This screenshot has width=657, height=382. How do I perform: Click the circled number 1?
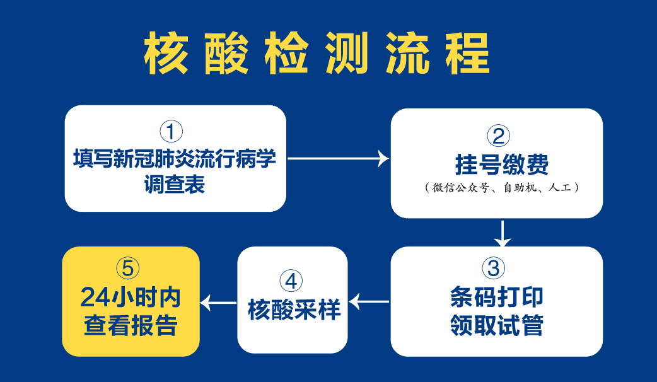pyautogui.click(x=172, y=131)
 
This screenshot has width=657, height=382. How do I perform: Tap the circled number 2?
pyautogui.click(x=499, y=136)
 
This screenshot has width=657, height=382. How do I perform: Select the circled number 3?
pyautogui.click(x=494, y=268)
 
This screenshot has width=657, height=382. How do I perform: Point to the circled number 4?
pyautogui.click(x=291, y=281)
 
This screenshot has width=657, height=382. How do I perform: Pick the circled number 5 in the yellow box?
pyautogui.click(x=128, y=268)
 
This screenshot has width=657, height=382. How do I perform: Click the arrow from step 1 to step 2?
pyautogui.click(x=339, y=158)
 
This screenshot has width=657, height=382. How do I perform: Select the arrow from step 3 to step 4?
pyautogui.click(x=369, y=301)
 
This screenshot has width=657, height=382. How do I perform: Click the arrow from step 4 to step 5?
pyautogui.click(x=218, y=303)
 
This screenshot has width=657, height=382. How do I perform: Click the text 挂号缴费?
pyautogui.click(x=501, y=164)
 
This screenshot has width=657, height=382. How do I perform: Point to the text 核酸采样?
pyautogui.click(x=294, y=310)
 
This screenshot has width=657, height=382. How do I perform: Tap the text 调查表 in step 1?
pyautogui.click(x=175, y=184)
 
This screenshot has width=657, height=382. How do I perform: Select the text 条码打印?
pyautogui.click(x=496, y=297)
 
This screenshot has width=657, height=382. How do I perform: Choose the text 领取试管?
pyautogui.click(x=496, y=325)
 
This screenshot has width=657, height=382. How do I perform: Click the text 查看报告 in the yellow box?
pyautogui.click(x=131, y=325)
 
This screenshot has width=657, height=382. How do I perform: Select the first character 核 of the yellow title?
pyautogui.click(x=166, y=53)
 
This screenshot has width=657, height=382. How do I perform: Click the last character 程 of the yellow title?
pyautogui.click(x=467, y=53)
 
